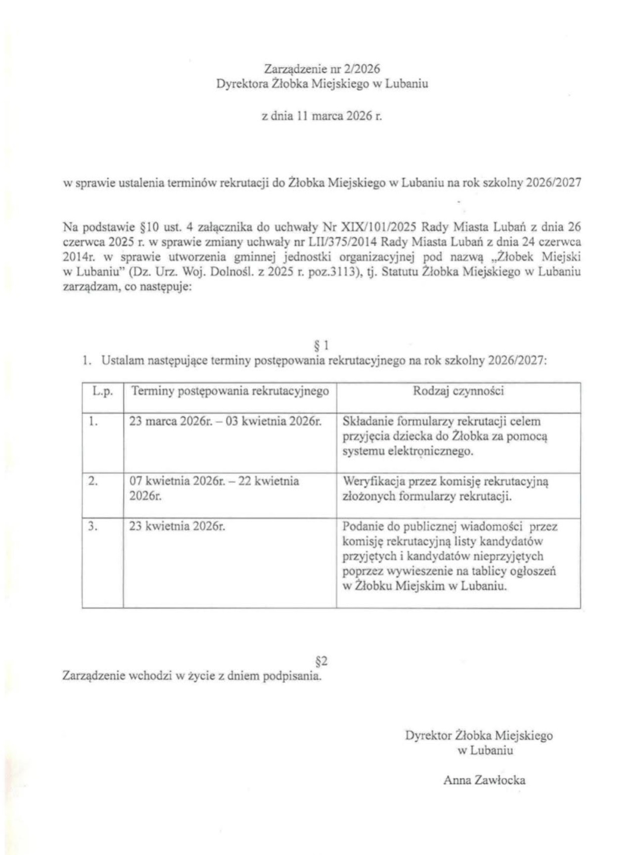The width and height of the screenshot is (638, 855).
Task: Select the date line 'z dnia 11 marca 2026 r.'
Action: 322,117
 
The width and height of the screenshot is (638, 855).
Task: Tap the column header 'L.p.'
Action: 102,391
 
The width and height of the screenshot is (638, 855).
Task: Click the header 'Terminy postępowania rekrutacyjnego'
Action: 230,391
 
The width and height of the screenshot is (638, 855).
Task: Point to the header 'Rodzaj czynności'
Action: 458,391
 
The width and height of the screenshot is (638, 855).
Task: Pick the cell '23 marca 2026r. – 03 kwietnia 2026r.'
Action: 226,422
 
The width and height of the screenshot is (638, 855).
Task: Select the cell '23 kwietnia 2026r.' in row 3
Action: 177,526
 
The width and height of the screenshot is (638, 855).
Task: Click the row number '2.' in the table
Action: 92,481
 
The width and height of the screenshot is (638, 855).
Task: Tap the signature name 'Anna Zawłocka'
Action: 484,780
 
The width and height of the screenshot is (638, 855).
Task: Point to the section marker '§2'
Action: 321,661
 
